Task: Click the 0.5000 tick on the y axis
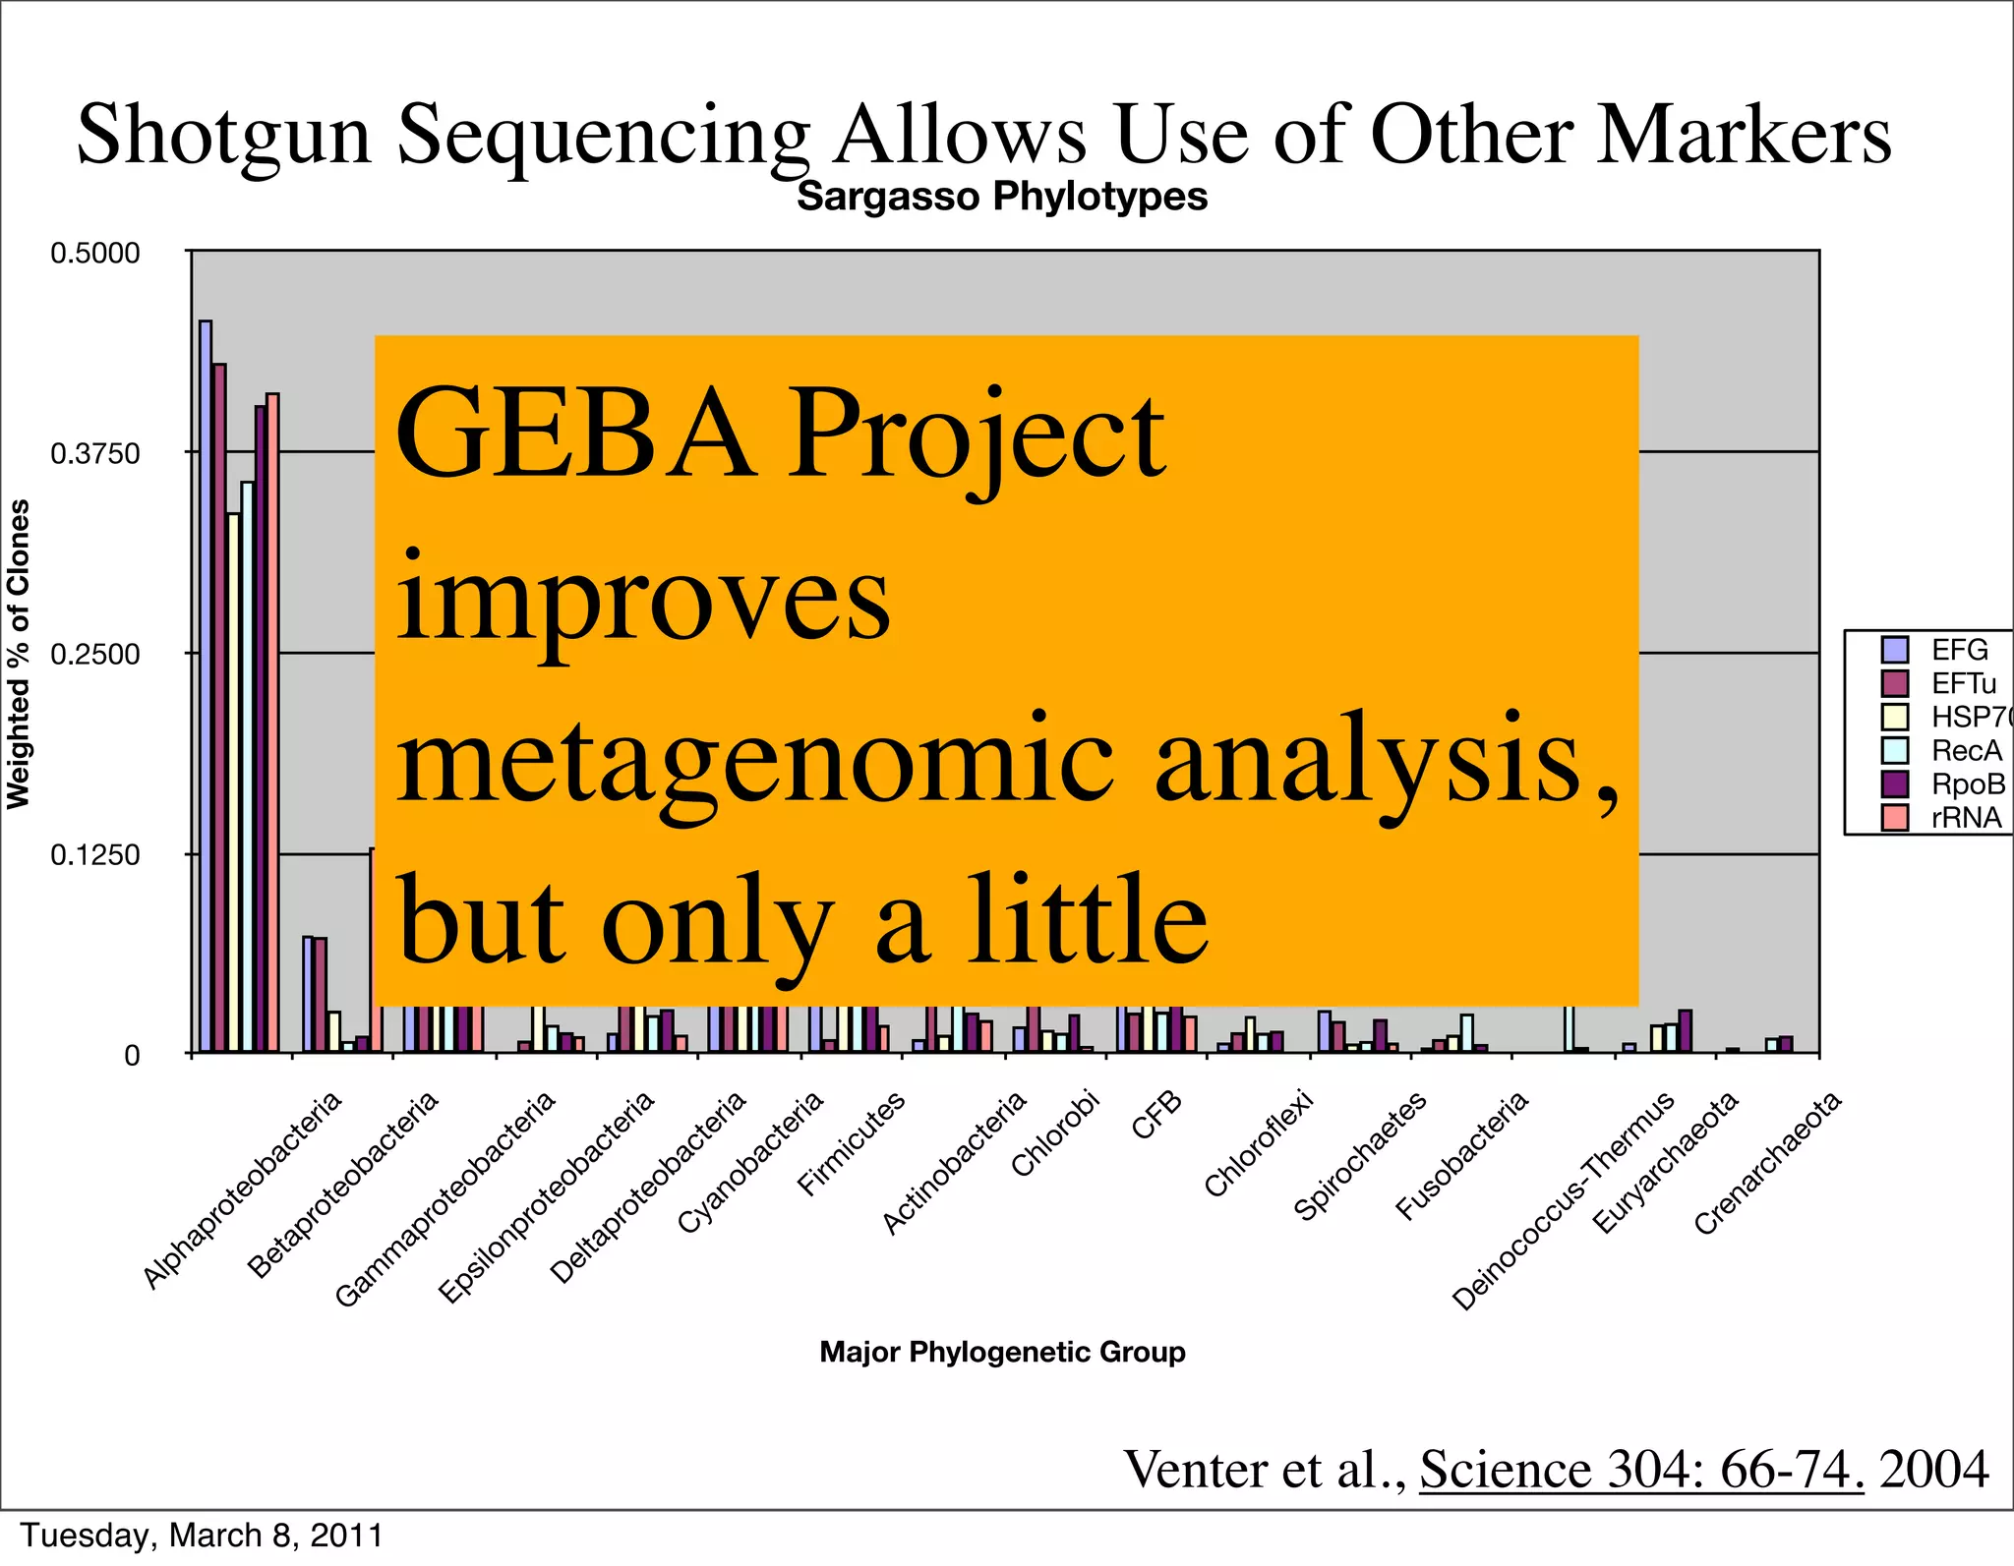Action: pos(94,254)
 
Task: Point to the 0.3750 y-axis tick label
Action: pos(94,454)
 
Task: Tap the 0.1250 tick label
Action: pos(94,855)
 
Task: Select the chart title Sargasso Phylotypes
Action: pos(1001,197)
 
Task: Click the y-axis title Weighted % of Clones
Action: pos(20,654)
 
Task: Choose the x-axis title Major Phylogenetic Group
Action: pos(1002,1352)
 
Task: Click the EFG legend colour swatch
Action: pos(1894,650)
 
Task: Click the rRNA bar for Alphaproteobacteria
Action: pos(273,723)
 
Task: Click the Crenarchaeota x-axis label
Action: pos(1767,1163)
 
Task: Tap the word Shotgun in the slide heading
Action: pos(224,135)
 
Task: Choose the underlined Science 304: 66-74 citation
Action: pos(1640,1469)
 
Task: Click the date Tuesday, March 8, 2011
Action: pos(202,1536)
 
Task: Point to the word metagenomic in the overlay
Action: pos(755,760)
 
